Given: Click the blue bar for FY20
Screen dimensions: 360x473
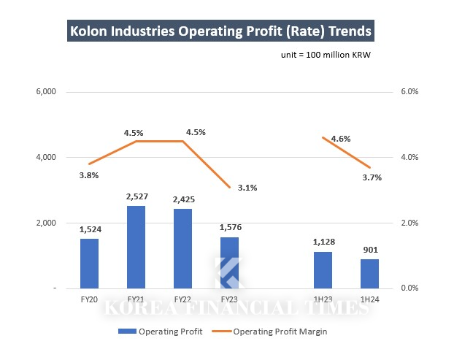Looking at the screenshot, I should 89,264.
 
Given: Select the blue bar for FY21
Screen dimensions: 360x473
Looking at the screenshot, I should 136,247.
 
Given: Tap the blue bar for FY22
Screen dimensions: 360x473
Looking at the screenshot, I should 182,249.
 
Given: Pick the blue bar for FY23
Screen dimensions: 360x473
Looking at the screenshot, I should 229,263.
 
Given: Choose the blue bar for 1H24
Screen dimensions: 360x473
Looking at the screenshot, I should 369,274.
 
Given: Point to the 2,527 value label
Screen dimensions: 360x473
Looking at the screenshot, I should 136,197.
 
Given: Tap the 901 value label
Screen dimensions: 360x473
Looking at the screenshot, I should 369,250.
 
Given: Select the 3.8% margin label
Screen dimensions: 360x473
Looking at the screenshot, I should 89,175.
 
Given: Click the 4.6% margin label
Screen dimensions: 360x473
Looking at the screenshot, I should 341,139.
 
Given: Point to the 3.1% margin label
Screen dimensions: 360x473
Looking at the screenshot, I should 247,188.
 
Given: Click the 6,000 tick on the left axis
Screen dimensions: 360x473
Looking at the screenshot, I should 45,92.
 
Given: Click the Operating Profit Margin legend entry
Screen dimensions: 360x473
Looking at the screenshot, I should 280,331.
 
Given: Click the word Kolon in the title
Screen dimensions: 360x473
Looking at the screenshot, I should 90,32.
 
